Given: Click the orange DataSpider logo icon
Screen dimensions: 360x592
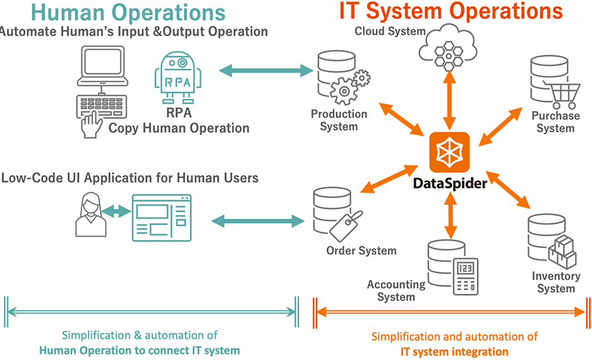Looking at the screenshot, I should pos(450,152).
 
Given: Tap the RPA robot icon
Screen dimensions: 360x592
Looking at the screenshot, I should pos(177,78).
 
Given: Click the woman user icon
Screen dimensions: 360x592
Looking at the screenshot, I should pos(90,215).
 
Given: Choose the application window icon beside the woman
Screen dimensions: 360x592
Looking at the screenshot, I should pos(162,217).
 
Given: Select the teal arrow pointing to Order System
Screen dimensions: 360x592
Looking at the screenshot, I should pos(258,221).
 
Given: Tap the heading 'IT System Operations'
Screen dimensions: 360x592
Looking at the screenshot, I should pos(451,11).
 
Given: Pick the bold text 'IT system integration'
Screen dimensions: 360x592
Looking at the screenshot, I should pos(454,350).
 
